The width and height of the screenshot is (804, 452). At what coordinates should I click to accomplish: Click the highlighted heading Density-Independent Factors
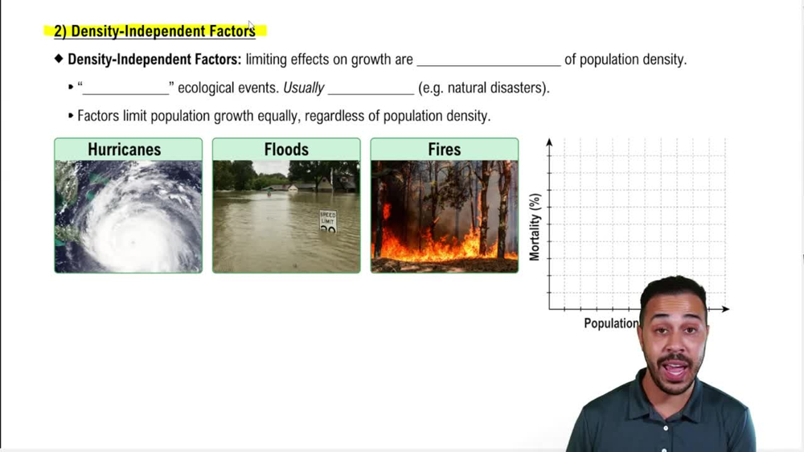[x=154, y=31]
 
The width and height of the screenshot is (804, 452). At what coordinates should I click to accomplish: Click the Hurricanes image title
[x=124, y=150]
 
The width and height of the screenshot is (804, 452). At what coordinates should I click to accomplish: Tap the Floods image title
[x=286, y=150]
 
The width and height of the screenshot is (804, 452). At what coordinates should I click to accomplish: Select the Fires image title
[x=444, y=150]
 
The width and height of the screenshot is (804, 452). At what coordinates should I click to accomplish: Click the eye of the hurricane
[x=133, y=241]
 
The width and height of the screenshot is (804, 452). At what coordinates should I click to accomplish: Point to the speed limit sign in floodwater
[x=328, y=220]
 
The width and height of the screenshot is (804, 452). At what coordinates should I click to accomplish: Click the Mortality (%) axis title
[x=535, y=227]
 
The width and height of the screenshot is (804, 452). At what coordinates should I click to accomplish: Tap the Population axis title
[x=611, y=323]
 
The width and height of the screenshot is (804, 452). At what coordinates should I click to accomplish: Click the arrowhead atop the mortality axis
[x=549, y=142]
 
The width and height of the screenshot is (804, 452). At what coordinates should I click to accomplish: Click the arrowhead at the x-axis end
[x=725, y=309]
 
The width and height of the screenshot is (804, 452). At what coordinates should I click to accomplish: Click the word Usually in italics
[x=304, y=88]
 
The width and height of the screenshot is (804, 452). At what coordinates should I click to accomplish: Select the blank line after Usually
[x=371, y=94]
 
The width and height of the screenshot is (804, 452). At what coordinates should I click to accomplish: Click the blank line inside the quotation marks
[x=125, y=94]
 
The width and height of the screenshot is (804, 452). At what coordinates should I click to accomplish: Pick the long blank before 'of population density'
[x=489, y=66]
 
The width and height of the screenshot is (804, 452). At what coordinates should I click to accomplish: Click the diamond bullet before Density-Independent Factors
[x=59, y=59]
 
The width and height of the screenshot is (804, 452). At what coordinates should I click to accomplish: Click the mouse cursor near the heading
[x=251, y=25]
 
